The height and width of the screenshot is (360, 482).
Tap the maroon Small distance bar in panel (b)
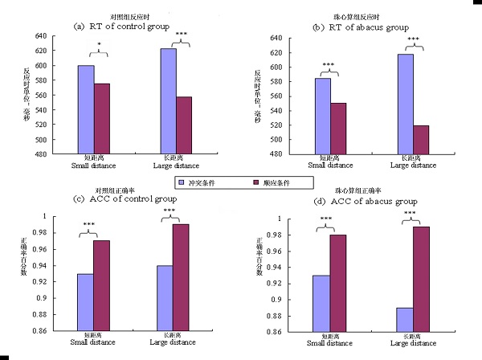click(x=339, y=128)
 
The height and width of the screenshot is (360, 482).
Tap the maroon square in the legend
click(x=255, y=183)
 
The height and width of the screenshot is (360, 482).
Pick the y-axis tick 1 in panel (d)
click(x=299, y=219)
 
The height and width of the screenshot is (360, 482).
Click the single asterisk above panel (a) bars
click(x=99, y=45)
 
